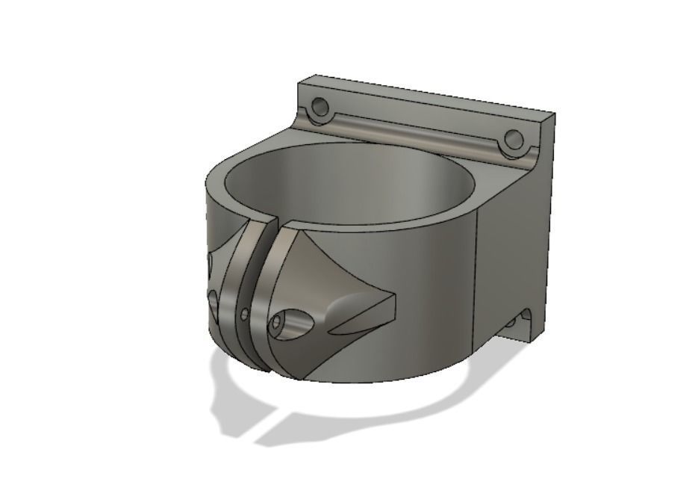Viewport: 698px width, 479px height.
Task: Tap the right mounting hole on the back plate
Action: click(513, 140)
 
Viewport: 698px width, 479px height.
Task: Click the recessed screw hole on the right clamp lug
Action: click(278, 323)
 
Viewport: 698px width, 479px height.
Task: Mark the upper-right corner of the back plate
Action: click(554, 114)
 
